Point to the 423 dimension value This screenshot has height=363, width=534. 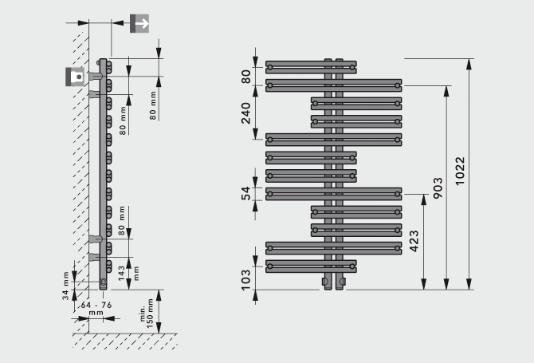pyautogui.click(x=414, y=239)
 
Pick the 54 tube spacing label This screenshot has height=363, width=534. pyautogui.click(x=246, y=192)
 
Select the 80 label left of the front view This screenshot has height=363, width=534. pyautogui.click(x=246, y=77)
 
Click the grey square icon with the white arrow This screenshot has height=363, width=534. pyautogui.click(x=139, y=23)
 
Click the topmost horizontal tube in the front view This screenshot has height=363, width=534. pyautogui.click(x=311, y=68)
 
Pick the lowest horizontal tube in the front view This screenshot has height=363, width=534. pyautogui.click(x=311, y=264)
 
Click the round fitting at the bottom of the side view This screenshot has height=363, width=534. pyautogui.click(x=103, y=282)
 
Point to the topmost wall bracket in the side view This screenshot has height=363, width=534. pyautogui.click(x=96, y=77)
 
